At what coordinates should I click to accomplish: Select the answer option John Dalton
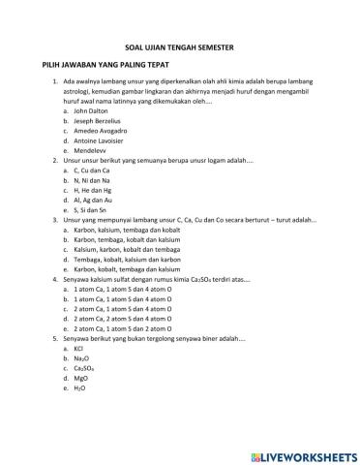click(x=94, y=111)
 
